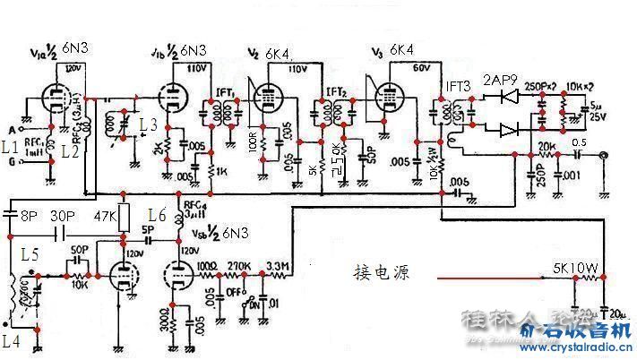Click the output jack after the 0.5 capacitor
[x=604, y=154]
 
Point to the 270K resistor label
[x=239, y=266]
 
